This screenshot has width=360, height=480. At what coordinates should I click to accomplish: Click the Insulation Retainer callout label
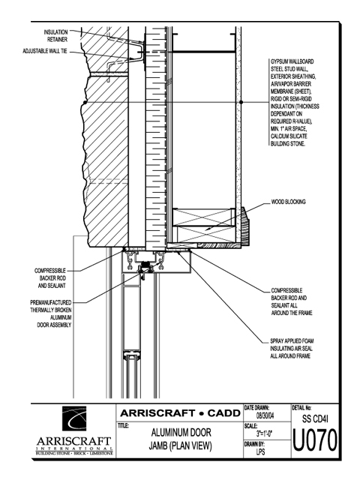(55, 36)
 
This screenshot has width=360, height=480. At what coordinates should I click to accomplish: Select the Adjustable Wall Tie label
(45, 51)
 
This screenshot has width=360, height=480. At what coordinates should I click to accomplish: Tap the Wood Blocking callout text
(288, 202)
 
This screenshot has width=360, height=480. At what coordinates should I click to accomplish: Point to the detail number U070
(315, 440)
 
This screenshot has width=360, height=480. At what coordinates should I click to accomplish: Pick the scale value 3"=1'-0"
(264, 433)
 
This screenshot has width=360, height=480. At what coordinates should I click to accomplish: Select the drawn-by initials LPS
(260, 451)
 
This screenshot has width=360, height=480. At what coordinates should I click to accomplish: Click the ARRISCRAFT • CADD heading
(180, 413)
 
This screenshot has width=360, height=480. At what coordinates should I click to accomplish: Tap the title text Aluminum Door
(181, 433)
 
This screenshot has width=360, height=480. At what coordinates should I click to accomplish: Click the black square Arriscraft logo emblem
(74, 418)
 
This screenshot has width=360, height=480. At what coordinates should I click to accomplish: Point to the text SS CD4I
(315, 418)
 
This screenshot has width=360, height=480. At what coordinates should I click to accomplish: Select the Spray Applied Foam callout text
(292, 348)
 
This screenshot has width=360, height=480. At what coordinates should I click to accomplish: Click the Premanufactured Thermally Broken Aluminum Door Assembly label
(51, 313)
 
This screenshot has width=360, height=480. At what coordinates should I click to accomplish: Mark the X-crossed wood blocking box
(203, 226)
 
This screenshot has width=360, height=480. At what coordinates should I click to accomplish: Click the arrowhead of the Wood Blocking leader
(207, 228)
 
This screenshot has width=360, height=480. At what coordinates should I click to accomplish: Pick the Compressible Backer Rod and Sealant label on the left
(50, 278)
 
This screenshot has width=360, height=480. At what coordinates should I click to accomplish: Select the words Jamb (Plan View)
(181, 446)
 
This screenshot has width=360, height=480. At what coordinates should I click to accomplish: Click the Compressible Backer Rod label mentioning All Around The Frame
(292, 301)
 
